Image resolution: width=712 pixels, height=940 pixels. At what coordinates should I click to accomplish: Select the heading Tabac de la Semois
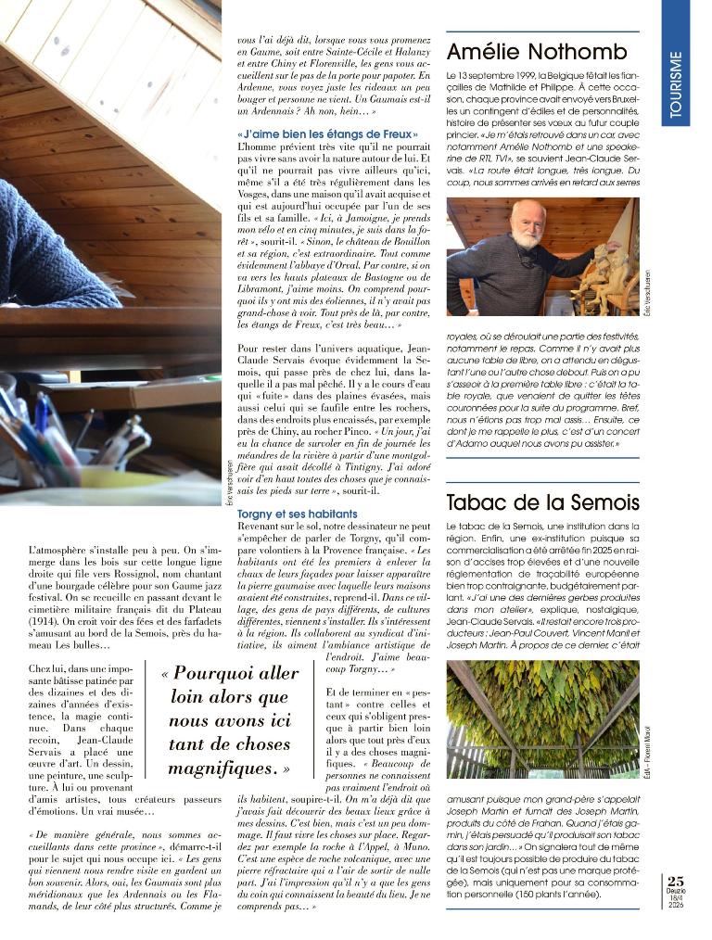tap(542, 503)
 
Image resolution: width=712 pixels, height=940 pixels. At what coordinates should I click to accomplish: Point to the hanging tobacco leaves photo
tap(542, 718)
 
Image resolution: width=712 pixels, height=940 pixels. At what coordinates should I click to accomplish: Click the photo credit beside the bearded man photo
tap(647, 294)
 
